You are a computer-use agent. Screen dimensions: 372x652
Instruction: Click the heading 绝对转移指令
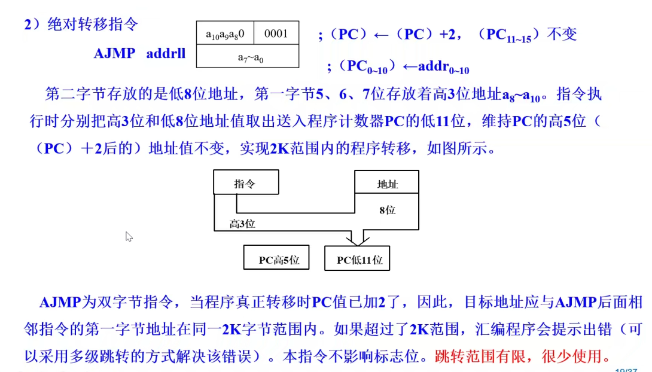point(92,25)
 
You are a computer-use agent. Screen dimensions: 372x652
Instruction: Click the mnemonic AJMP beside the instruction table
point(115,53)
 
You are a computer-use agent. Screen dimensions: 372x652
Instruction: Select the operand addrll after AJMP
point(166,53)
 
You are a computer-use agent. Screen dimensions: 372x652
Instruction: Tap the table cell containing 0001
point(276,33)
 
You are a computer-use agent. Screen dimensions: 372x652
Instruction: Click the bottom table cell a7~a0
point(247,58)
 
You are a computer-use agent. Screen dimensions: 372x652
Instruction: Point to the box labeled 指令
point(245,184)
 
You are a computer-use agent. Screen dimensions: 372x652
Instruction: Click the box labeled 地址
point(387,184)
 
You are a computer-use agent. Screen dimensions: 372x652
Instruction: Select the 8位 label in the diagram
point(387,210)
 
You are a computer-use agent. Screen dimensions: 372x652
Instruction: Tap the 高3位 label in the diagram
point(242,224)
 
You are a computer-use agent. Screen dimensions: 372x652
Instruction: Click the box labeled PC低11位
point(359,260)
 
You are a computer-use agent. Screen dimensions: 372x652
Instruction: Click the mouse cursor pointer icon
point(129,236)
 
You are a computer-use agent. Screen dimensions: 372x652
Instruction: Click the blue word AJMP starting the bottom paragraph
point(59,302)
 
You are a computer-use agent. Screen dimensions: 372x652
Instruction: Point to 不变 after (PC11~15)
point(562,34)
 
